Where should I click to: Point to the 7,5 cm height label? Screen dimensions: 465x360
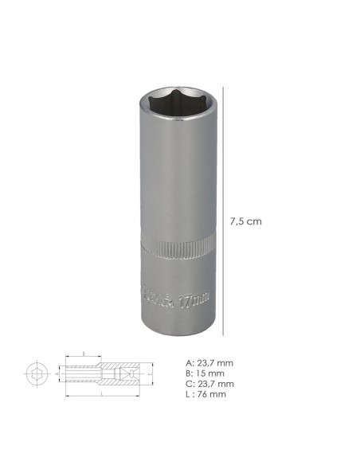pyautogui.click(x=245, y=221)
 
